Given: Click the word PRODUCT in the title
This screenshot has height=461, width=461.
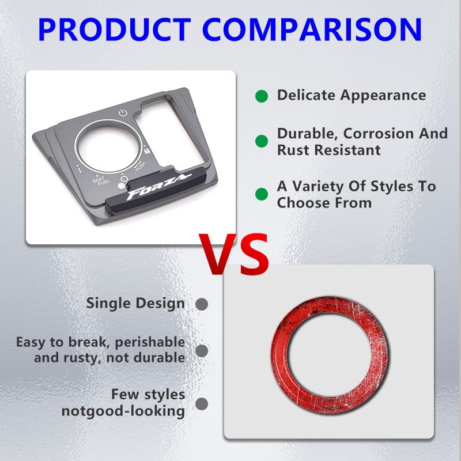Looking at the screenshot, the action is (x=115, y=30).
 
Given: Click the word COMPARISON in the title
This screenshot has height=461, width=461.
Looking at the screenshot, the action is (x=312, y=30).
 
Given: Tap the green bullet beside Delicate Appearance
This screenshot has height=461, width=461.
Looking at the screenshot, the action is (x=262, y=96).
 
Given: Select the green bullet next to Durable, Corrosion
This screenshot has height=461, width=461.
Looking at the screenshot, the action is (x=262, y=141).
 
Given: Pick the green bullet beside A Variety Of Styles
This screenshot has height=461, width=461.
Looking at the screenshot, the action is (x=262, y=194).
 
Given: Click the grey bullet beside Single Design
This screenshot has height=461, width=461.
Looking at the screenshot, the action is (x=202, y=304).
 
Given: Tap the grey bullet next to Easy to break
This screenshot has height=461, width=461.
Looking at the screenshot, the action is (x=202, y=351).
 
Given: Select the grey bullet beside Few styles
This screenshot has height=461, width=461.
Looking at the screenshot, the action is (x=202, y=404).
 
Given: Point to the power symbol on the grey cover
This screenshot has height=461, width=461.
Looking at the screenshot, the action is (x=123, y=113).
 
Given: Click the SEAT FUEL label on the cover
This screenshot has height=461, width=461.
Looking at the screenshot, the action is (x=101, y=180).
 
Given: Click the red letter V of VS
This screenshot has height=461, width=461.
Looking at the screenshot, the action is (x=218, y=254).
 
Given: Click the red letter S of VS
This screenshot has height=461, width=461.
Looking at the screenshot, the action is (x=254, y=254).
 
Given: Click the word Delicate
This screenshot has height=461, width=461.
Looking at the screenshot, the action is (x=307, y=95).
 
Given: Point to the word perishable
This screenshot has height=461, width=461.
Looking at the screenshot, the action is (x=150, y=343).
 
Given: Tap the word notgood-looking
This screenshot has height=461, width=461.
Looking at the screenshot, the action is (x=123, y=411).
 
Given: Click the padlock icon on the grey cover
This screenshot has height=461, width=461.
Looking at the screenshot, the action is (x=147, y=150).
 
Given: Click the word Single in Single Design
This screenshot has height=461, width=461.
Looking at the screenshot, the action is (x=108, y=304).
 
